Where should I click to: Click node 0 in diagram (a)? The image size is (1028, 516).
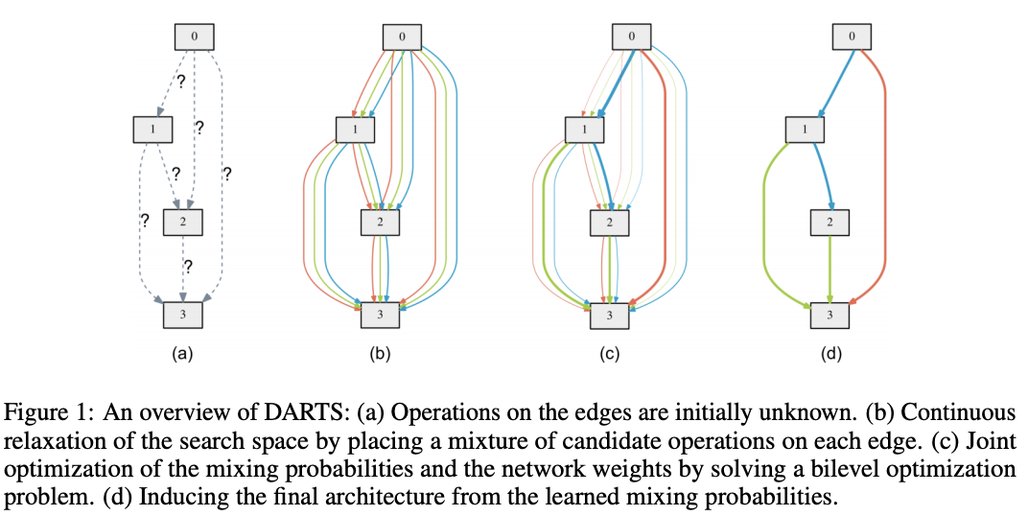coord(194,36)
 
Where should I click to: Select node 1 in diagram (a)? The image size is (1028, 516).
coord(152,129)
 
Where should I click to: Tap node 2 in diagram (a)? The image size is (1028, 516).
coord(183,223)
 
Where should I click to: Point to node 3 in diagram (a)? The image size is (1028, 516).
coord(183,315)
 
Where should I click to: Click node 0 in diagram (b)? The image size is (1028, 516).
coord(402,36)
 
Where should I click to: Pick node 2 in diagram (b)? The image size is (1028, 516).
coord(381,223)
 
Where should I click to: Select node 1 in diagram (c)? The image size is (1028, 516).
coord(585,129)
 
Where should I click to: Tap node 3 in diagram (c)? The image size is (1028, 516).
coord(610,316)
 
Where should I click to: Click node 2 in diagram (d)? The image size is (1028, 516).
coord(830,223)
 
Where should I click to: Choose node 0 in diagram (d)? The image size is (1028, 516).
coord(852,36)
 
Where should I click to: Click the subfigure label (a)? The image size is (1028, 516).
coord(182,355)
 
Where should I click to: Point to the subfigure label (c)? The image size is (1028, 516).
coord(610,355)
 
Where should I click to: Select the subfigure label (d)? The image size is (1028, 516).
coord(830,355)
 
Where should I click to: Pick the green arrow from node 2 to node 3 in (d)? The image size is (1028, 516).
coord(830,269)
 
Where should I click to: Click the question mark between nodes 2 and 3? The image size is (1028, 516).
coord(188,267)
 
